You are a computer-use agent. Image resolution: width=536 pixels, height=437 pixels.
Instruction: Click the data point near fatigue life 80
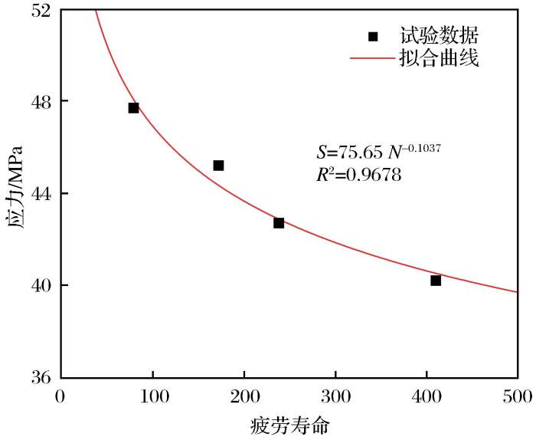pos(133,108)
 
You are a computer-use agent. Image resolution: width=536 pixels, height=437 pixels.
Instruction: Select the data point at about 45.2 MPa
pos(218,166)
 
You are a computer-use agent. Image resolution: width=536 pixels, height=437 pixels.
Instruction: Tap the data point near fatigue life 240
pos(279,223)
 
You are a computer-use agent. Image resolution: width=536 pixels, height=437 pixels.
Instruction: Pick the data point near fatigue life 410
pos(436,281)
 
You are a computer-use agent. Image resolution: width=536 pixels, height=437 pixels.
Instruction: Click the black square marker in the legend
pos(373,36)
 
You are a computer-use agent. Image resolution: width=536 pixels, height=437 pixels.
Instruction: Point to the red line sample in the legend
pos(372,58)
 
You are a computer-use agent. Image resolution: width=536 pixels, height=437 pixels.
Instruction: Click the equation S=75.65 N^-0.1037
pos(378,150)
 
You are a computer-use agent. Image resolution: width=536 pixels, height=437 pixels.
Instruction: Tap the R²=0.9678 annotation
pos(358,175)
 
